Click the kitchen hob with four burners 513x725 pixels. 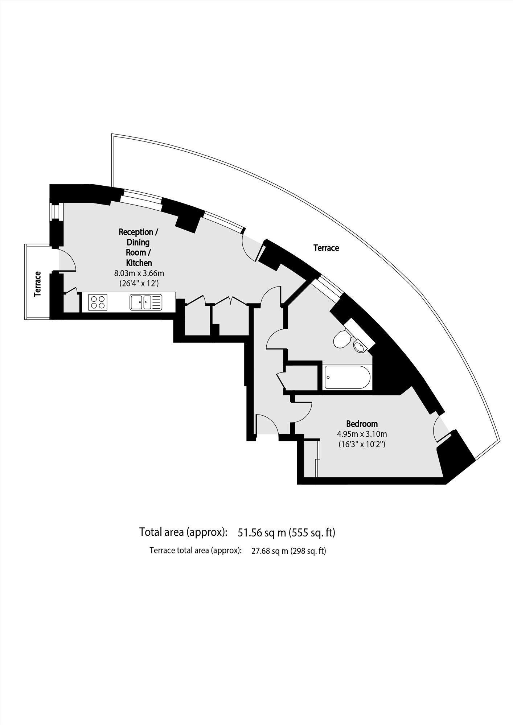click(x=98, y=302)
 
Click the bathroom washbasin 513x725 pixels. click(x=360, y=346)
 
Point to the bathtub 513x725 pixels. click(x=347, y=377)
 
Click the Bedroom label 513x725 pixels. click(x=362, y=424)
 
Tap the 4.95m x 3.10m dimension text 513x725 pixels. click(x=362, y=434)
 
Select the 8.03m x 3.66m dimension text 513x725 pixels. click(x=139, y=273)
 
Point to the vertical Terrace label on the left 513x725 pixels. click(x=37, y=284)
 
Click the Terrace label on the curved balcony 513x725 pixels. click(x=326, y=248)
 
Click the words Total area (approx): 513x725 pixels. click(x=183, y=532)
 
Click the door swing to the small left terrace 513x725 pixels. click(x=67, y=259)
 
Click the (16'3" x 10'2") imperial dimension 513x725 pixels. click(x=362, y=444)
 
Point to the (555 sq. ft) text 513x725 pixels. click(x=312, y=532)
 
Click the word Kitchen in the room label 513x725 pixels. click(x=139, y=263)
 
